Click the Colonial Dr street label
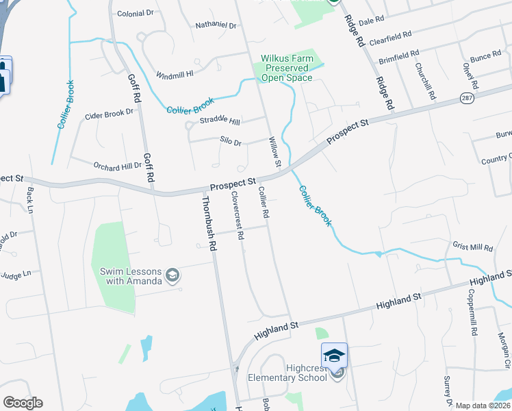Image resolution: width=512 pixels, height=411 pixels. [136, 13]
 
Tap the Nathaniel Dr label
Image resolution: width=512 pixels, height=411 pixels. [216, 25]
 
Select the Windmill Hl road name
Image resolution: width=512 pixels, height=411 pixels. [175, 74]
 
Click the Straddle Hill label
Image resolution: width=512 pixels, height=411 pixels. [220, 121]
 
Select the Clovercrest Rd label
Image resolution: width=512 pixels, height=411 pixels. [238, 214]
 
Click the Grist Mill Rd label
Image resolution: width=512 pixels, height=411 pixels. [472, 247]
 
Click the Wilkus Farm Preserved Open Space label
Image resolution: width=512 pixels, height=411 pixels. [287, 68]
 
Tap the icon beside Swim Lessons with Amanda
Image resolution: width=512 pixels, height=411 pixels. [172, 275]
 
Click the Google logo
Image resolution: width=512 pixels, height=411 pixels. [23, 402]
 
